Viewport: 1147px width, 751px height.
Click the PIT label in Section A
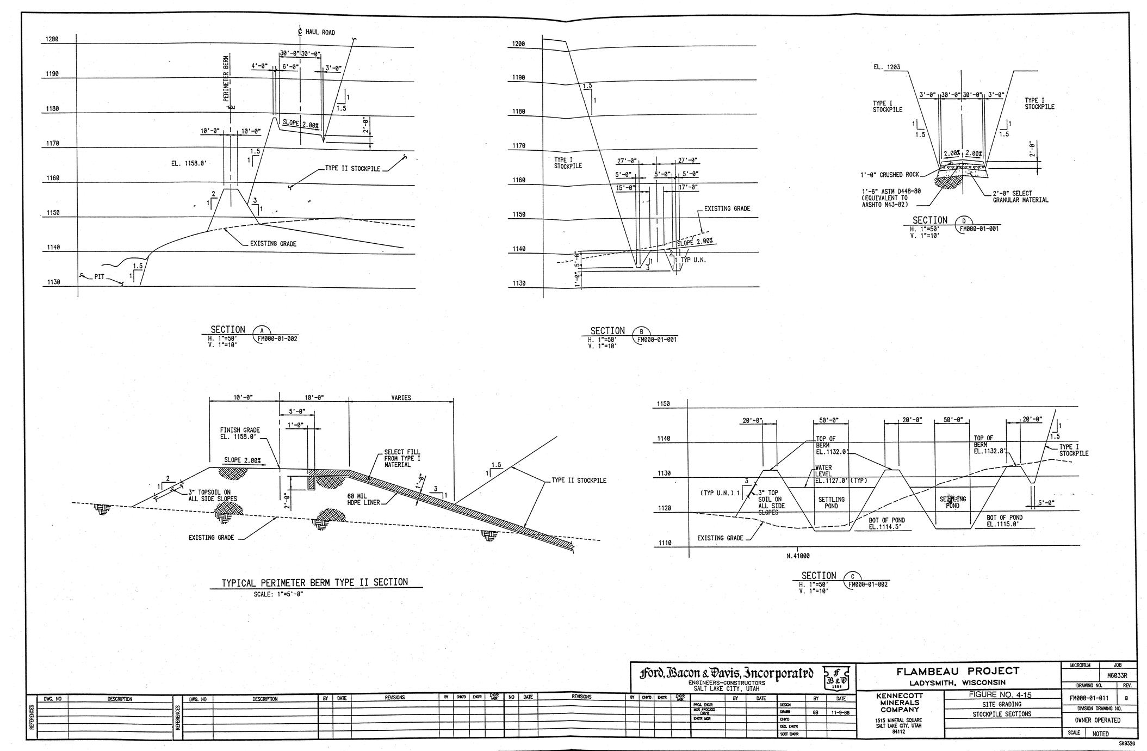coord(99,276)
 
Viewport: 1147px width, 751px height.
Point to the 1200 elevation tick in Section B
coord(518,44)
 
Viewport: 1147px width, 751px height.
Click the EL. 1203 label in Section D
coord(886,67)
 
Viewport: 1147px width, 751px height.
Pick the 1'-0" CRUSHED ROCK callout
coord(889,175)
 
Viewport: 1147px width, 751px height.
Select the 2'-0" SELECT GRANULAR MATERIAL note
coord(1020,196)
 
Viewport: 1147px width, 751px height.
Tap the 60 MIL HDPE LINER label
coord(364,499)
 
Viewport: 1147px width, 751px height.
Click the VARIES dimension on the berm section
coord(401,398)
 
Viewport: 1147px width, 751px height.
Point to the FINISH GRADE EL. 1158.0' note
coord(240,433)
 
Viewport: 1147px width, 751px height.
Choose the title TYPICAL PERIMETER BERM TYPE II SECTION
coord(314,582)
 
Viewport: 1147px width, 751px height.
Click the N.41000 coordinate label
coord(798,556)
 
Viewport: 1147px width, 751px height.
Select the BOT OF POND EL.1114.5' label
coord(886,523)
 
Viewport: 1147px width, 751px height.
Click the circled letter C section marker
coord(852,577)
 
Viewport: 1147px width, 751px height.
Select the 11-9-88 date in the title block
coord(841,712)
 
